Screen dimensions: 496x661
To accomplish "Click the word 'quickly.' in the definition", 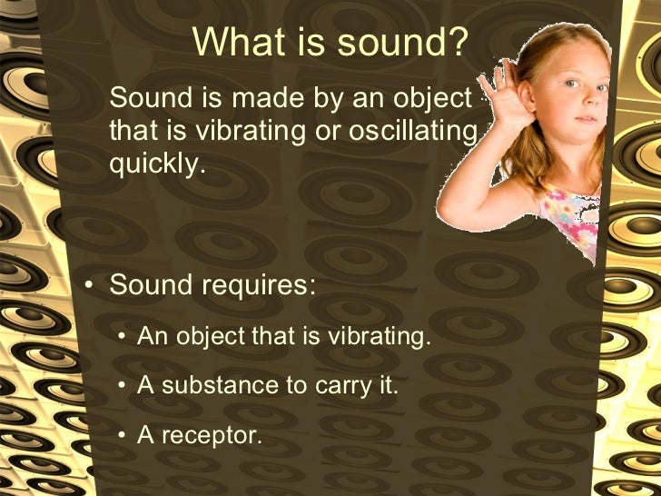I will pyautogui.click(x=152, y=165).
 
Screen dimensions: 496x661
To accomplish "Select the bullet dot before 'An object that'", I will pyautogui.click(x=122, y=339).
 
